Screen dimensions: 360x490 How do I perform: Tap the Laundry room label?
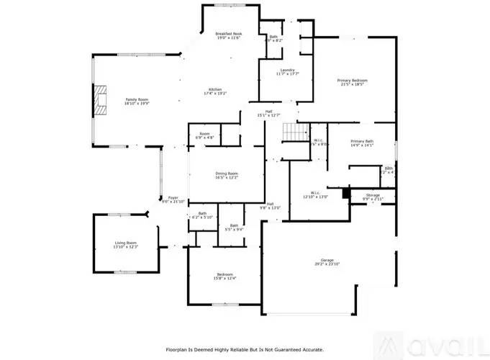tap(287, 71)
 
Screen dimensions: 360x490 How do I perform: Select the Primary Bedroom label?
tap(353, 82)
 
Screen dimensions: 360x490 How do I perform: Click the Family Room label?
tap(136, 102)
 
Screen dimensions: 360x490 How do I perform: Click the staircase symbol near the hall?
tap(291, 132)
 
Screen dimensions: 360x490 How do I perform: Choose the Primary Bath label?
tap(362, 143)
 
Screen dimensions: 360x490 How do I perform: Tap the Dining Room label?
tap(227, 175)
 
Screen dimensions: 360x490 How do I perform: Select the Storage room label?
tap(372, 196)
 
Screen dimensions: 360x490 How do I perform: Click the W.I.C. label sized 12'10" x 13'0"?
tap(315, 194)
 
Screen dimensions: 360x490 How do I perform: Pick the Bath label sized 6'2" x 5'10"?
tap(202, 215)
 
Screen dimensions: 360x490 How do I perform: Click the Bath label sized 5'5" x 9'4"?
tap(234, 228)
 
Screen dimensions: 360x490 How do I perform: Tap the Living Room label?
tap(125, 245)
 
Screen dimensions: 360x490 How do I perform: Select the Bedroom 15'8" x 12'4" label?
tap(224, 276)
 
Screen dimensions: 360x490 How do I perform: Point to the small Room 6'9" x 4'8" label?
tap(204, 135)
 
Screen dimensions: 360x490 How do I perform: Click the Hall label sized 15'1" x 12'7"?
tap(268, 113)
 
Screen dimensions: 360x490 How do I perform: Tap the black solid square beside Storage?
tap(346, 193)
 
